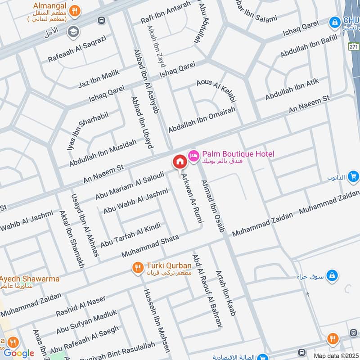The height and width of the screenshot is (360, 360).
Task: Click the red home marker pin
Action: tap(180, 161)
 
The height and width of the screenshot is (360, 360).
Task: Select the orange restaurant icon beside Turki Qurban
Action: tap(138, 268)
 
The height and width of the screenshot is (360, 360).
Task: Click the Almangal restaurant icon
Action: tap(76, 9)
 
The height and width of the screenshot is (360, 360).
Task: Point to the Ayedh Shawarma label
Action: tap(30, 279)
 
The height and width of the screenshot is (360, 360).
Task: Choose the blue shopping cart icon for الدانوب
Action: tap(353, 176)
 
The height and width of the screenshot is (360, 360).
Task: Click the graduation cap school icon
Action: tap(72, 31)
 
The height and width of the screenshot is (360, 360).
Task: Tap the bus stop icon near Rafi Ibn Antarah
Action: tap(102, 20)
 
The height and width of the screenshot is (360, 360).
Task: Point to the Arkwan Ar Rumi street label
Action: tap(192, 198)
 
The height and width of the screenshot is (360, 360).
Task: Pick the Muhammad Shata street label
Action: tap(150, 246)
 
